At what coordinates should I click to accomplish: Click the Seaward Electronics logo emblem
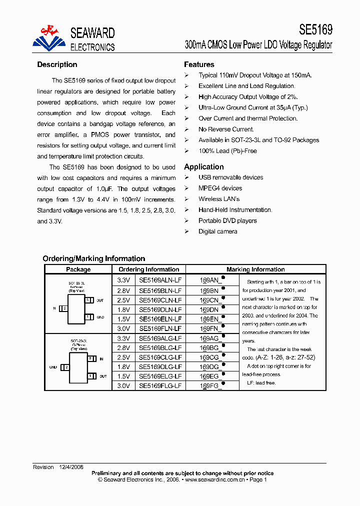(49, 38)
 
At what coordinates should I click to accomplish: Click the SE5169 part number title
(315, 30)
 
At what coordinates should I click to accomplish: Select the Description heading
(57, 64)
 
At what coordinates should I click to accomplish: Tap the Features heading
(199, 64)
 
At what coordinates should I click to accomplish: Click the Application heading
(203, 167)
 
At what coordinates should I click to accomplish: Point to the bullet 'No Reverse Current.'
(226, 129)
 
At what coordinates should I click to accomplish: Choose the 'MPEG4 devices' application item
(220, 188)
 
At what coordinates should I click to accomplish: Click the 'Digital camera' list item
(217, 231)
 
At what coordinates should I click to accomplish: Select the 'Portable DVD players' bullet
(227, 221)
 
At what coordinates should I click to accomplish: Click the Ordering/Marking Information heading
(94, 258)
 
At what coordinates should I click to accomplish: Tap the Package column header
(78, 269)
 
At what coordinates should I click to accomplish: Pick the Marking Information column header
(255, 269)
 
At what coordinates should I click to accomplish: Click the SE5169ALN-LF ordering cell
(160, 281)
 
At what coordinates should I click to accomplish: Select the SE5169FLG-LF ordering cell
(160, 385)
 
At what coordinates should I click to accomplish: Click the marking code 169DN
(209, 309)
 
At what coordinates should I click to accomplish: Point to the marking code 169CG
(209, 357)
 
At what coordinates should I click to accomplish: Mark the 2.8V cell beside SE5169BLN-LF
(123, 290)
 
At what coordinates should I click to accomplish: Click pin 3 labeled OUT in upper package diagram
(88, 300)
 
